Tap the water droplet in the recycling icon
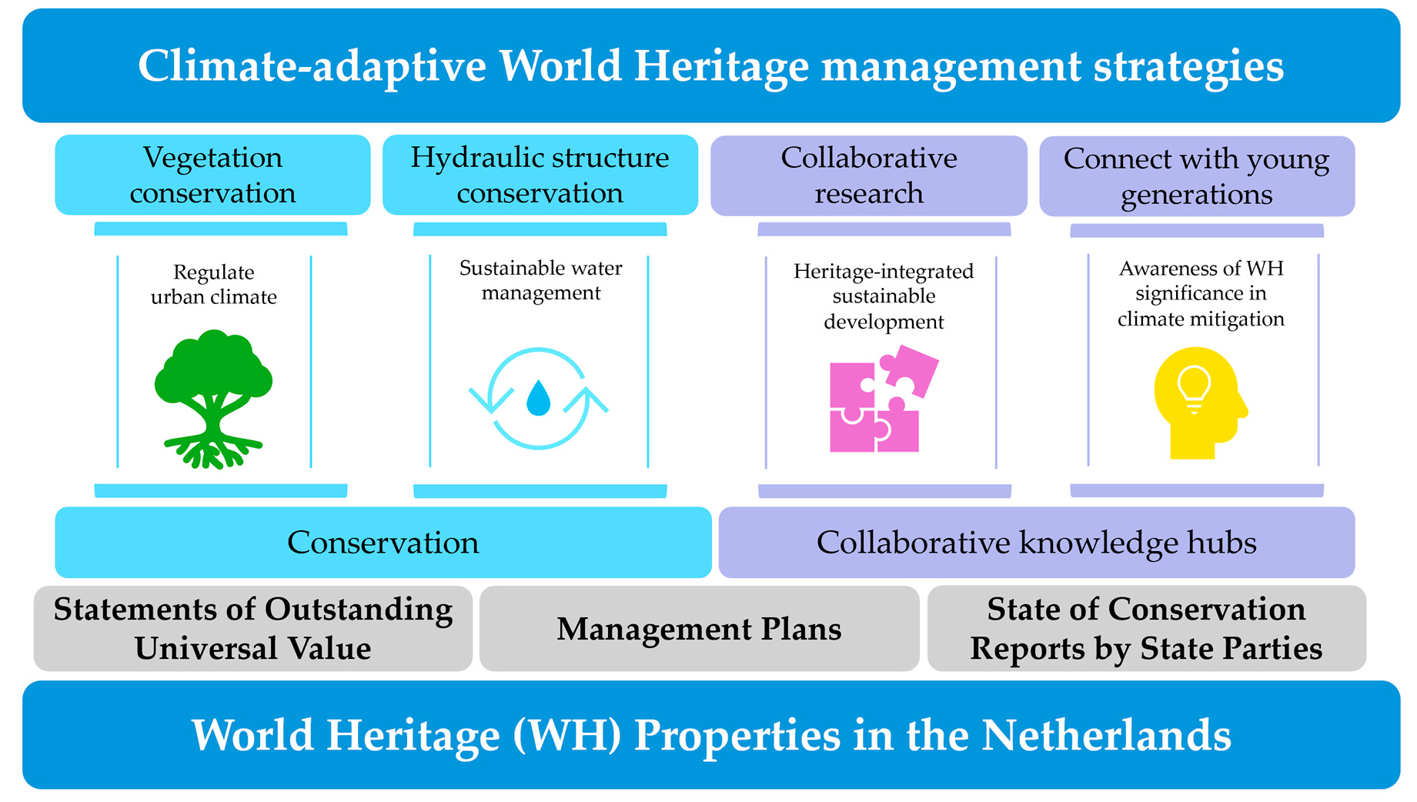point(538,397)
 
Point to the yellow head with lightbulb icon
point(1199,403)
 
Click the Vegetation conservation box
point(212,175)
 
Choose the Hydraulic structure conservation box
point(540,175)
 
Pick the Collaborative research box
point(868,175)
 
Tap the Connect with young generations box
point(1197,176)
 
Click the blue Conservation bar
point(383,543)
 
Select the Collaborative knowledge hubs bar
point(1037,543)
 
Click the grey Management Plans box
point(699,629)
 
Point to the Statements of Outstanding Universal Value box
point(253,629)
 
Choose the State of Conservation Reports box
point(1147,629)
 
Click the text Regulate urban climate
point(214,285)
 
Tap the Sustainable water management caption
point(541,280)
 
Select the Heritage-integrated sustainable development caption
point(884,296)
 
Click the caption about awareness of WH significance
point(1201,293)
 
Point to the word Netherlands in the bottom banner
point(1106,735)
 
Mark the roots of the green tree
point(213,450)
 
